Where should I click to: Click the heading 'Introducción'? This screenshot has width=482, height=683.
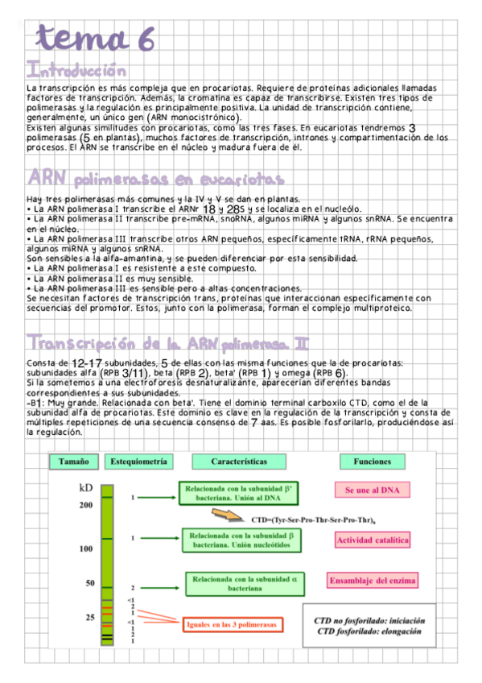(x=76, y=70)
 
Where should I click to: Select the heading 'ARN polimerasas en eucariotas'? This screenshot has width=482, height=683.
(x=155, y=177)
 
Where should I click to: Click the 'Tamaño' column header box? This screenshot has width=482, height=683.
(x=72, y=462)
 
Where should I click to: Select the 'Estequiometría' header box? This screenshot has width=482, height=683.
(x=139, y=462)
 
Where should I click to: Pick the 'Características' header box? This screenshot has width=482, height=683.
(x=239, y=462)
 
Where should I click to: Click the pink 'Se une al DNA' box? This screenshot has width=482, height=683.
(x=372, y=490)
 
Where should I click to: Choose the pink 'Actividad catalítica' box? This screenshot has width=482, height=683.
(x=373, y=540)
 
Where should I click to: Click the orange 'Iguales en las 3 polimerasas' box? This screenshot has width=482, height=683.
(x=230, y=625)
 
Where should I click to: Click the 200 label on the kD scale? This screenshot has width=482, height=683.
(x=86, y=505)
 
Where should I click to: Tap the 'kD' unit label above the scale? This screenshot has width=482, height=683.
(x=87, y=488)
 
